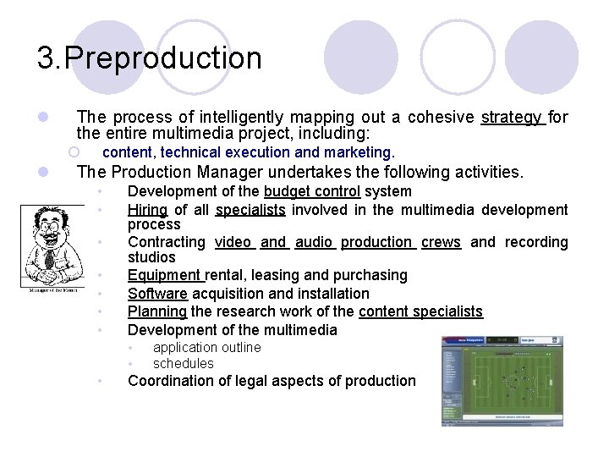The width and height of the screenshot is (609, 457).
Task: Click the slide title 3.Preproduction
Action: pyautogui.click(x=150, y=58)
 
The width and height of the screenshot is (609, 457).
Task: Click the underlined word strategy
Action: pyautogui.click(x=513, y=117)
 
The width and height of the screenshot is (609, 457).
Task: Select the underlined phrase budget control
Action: pyautogui.click(x=312, y=191)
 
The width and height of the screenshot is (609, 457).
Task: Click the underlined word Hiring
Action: pyautogui.click(x=147, y=209)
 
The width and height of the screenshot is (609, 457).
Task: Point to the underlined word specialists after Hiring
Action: pyautogui.click(x=250, y=209)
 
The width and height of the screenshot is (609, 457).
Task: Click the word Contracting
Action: pyautogui.click(x=166, y=242)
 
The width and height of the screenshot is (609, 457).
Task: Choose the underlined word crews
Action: pyautogui.click(x=441, y=242)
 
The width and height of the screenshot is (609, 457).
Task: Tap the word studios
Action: pyautogui.click(x=151, y=257)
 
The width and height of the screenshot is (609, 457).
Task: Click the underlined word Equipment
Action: pyautogui.click(x=165, y=275)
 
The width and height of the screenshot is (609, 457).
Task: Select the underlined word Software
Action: pyautogui.click(x=158, y=294)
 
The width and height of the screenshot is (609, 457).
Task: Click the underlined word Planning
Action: pyautogui.click(x=157, y=311)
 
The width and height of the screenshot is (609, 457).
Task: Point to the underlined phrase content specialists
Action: pyautogui.click(x=420, y=311)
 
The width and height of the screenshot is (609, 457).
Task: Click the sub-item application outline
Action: pyautogui.click(x=206, y=347)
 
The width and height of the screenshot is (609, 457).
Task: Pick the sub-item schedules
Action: pyautogui.click(x=183, y=364)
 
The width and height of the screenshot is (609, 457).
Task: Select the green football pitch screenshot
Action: pyautogui.click(x=502, y=381)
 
